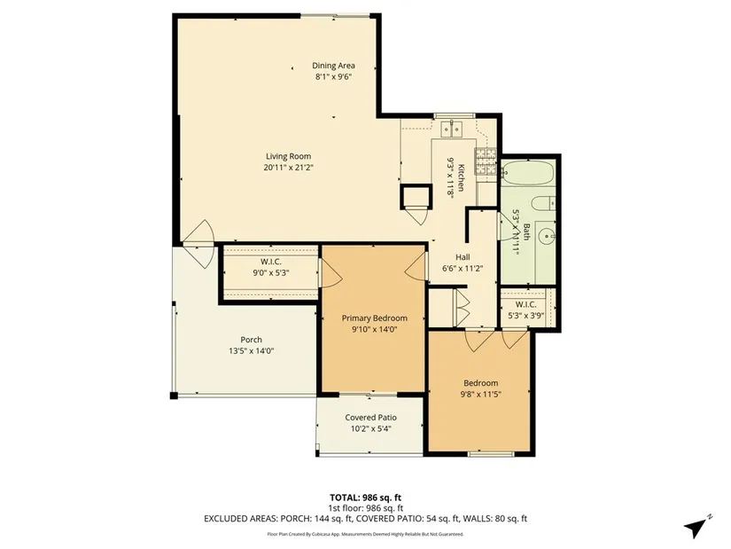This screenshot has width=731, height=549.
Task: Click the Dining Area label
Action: pos(333,66)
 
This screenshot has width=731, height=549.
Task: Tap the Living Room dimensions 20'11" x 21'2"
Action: pos(288,168)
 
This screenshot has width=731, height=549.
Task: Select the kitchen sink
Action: pos(451,129)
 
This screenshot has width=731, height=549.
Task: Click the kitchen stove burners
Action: pos(486,161)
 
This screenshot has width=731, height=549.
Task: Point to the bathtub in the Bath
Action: pos(528,173)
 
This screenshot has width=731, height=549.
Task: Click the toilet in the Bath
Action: pos(543,204)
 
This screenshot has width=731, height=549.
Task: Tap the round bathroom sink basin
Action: pos(546,237)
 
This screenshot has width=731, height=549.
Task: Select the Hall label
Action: pos(463,257)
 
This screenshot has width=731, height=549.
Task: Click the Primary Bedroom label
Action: pos(374,318)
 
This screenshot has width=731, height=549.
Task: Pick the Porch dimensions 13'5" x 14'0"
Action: pos(251,351)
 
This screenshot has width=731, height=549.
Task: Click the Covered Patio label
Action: pos(370,418)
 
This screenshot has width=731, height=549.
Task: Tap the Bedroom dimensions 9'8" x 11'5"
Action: pos(480,395)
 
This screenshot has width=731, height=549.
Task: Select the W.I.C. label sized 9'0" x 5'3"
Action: pos(271,262)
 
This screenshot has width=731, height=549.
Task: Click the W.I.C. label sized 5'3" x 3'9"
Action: pos(525,304)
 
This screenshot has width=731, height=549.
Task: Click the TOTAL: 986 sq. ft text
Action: pos(365,498)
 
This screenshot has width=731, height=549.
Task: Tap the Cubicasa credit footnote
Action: pos(365,534)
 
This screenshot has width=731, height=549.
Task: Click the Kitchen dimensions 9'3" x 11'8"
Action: pos(450,178)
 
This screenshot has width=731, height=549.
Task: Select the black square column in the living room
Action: pos(415,196)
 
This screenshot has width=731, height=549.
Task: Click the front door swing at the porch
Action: pos(199,244)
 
